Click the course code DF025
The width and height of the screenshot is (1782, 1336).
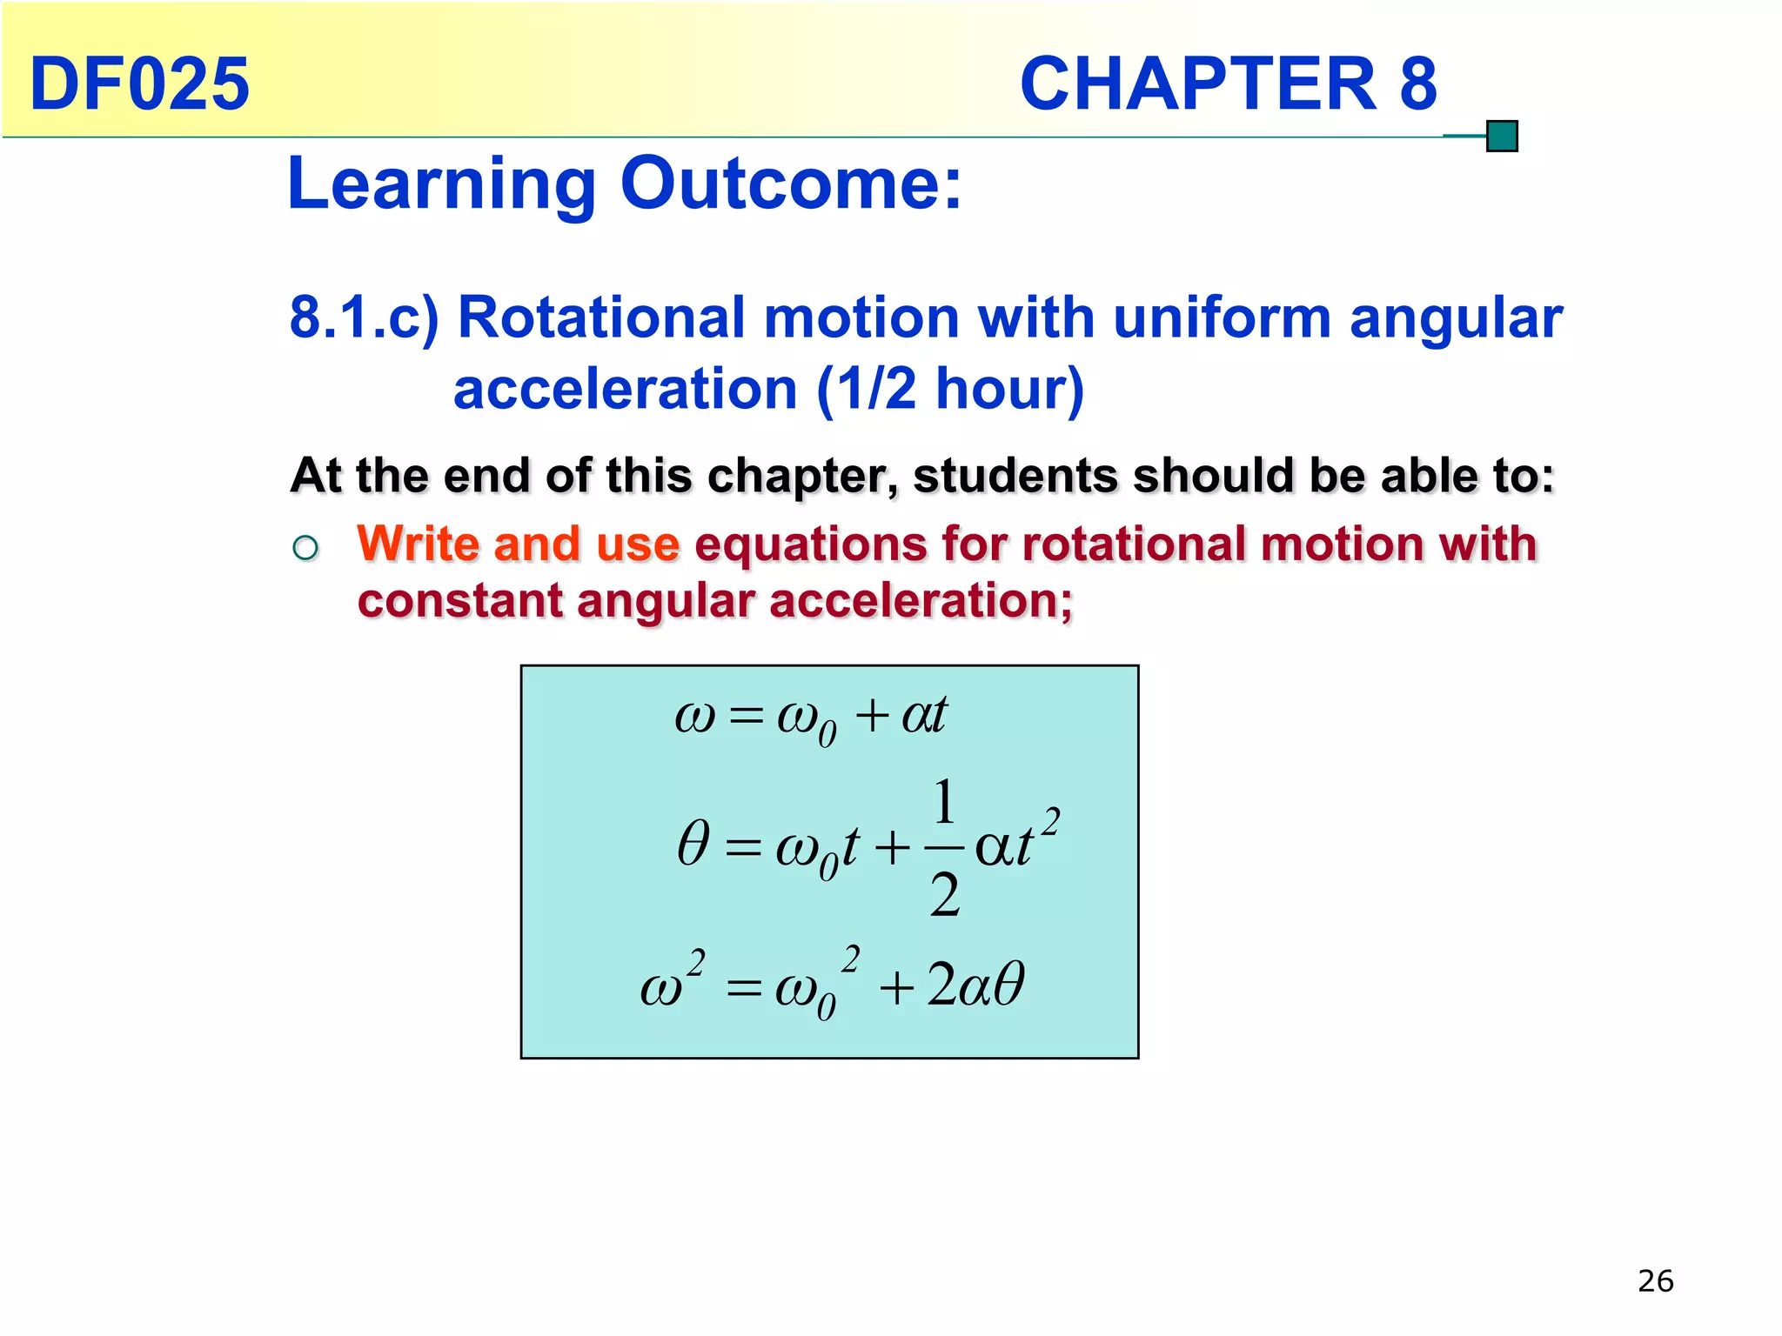point(139,83)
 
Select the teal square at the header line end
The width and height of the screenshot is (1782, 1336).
point(1502,137)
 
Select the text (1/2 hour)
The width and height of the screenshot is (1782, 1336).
point(950,388)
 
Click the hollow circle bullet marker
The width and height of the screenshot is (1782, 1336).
point(305,548)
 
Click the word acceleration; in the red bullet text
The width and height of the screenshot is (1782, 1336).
point(921,600)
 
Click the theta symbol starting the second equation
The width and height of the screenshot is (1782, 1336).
point(693,843)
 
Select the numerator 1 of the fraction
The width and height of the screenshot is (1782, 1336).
point(944,801)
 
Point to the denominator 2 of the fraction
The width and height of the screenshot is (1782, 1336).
point(944,895)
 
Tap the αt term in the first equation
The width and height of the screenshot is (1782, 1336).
point(924,715)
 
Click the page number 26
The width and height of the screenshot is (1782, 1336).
point(1655,1281)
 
